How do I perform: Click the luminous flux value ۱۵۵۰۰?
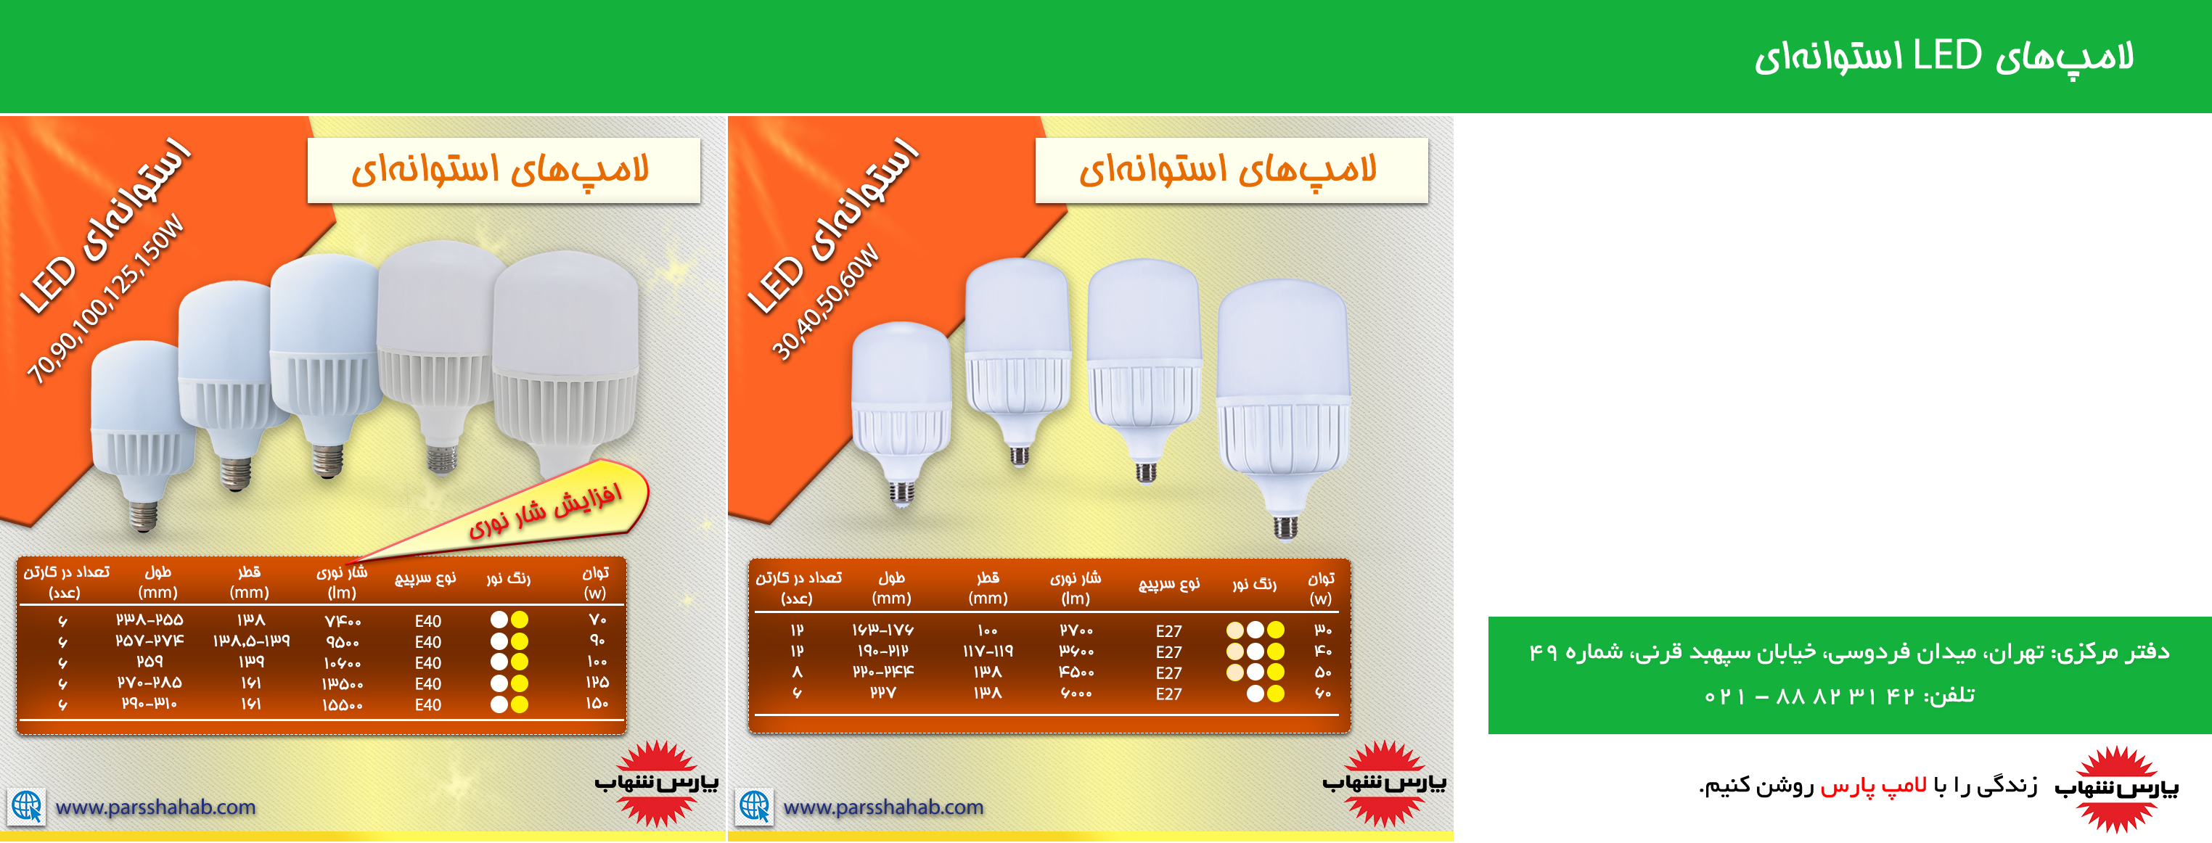tap(342, 704)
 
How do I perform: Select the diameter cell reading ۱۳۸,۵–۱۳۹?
tap(251, 641)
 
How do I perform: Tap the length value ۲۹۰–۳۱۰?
tap(149, 704)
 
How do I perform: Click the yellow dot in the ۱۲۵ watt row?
tap(520, 683)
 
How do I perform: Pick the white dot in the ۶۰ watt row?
tap(1255, 694)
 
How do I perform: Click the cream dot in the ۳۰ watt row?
tap(1234, 630)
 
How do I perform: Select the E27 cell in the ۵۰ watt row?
tap(1168, 673)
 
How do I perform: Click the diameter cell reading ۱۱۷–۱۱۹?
tap(988, 651)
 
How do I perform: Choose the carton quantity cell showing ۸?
tap(797, 673)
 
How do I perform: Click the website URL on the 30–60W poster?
tap(884, 807)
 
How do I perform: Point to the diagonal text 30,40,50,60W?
tap(824, 303)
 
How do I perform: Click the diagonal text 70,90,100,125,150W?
tap(106, 299)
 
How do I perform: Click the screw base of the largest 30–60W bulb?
tap(1285, 525)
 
